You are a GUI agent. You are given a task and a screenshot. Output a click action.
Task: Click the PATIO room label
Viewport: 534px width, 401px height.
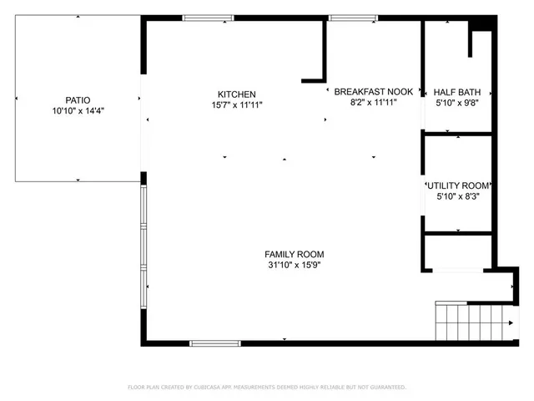point(78,98)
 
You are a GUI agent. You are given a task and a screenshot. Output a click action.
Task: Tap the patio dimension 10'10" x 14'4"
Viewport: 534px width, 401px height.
point(78,109)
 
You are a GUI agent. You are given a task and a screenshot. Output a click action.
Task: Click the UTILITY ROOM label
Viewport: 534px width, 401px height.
point(458,185)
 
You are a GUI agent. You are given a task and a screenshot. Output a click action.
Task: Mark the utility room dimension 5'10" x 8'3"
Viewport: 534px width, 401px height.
point(458,197)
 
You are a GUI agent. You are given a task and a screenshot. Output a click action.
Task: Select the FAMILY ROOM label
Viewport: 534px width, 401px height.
point(294,254)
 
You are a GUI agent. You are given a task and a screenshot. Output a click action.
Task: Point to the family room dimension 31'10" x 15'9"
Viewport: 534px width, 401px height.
point(294,266)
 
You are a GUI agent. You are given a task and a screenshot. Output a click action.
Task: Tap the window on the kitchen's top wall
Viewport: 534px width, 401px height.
point(208,18)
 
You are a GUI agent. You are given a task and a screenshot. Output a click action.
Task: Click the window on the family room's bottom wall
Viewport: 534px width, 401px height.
point(215,343)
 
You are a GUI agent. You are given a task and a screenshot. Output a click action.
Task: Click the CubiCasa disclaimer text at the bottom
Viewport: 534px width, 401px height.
point(267,388)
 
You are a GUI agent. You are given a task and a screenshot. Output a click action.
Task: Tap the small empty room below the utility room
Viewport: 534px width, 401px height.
point(458,251)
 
